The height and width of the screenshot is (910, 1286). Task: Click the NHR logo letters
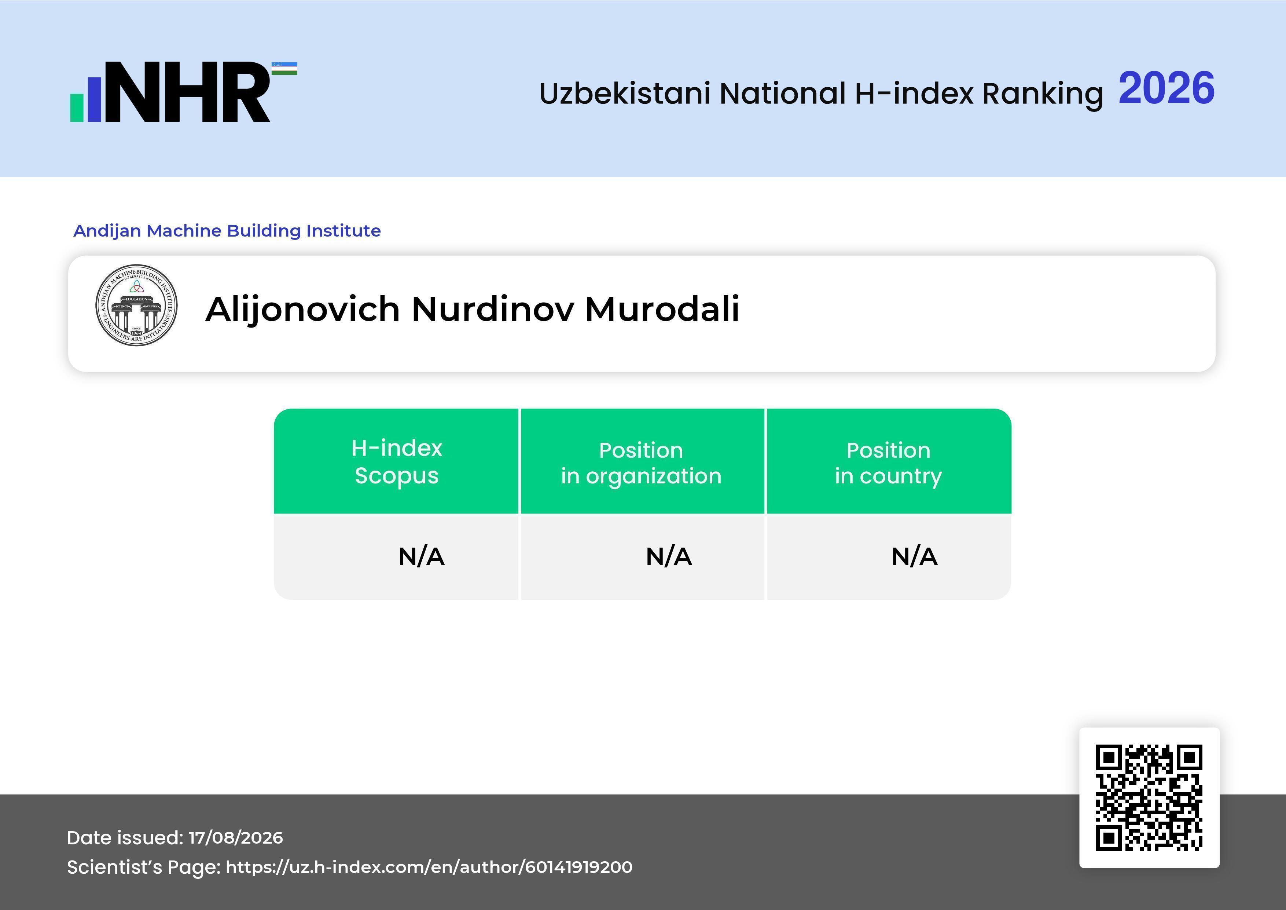coord(188,92)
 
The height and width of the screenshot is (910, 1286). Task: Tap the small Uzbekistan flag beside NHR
coord(284,68)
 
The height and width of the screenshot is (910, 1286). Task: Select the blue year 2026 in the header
coord(1167,88)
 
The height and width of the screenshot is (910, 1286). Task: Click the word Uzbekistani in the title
coord(625,93)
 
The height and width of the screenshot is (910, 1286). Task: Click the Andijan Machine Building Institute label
coord(227,231)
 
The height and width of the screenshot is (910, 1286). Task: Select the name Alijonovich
coord(302,309)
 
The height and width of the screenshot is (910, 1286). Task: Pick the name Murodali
coord(662,309)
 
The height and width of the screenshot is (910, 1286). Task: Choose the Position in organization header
coord(641,463)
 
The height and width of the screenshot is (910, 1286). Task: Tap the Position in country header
coord(888,463)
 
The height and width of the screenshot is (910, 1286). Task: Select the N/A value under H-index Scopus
coord(421,556)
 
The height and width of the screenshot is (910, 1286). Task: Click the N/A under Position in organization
coord(669,556)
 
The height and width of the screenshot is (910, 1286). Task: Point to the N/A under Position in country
coord(914,556)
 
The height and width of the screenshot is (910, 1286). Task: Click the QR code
coord(1149,797)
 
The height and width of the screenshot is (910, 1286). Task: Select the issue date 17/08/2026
coord(236,838)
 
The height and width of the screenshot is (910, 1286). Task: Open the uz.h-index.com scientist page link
coord(429,867)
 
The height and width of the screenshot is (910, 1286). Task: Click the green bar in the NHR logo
coord(77,107)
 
